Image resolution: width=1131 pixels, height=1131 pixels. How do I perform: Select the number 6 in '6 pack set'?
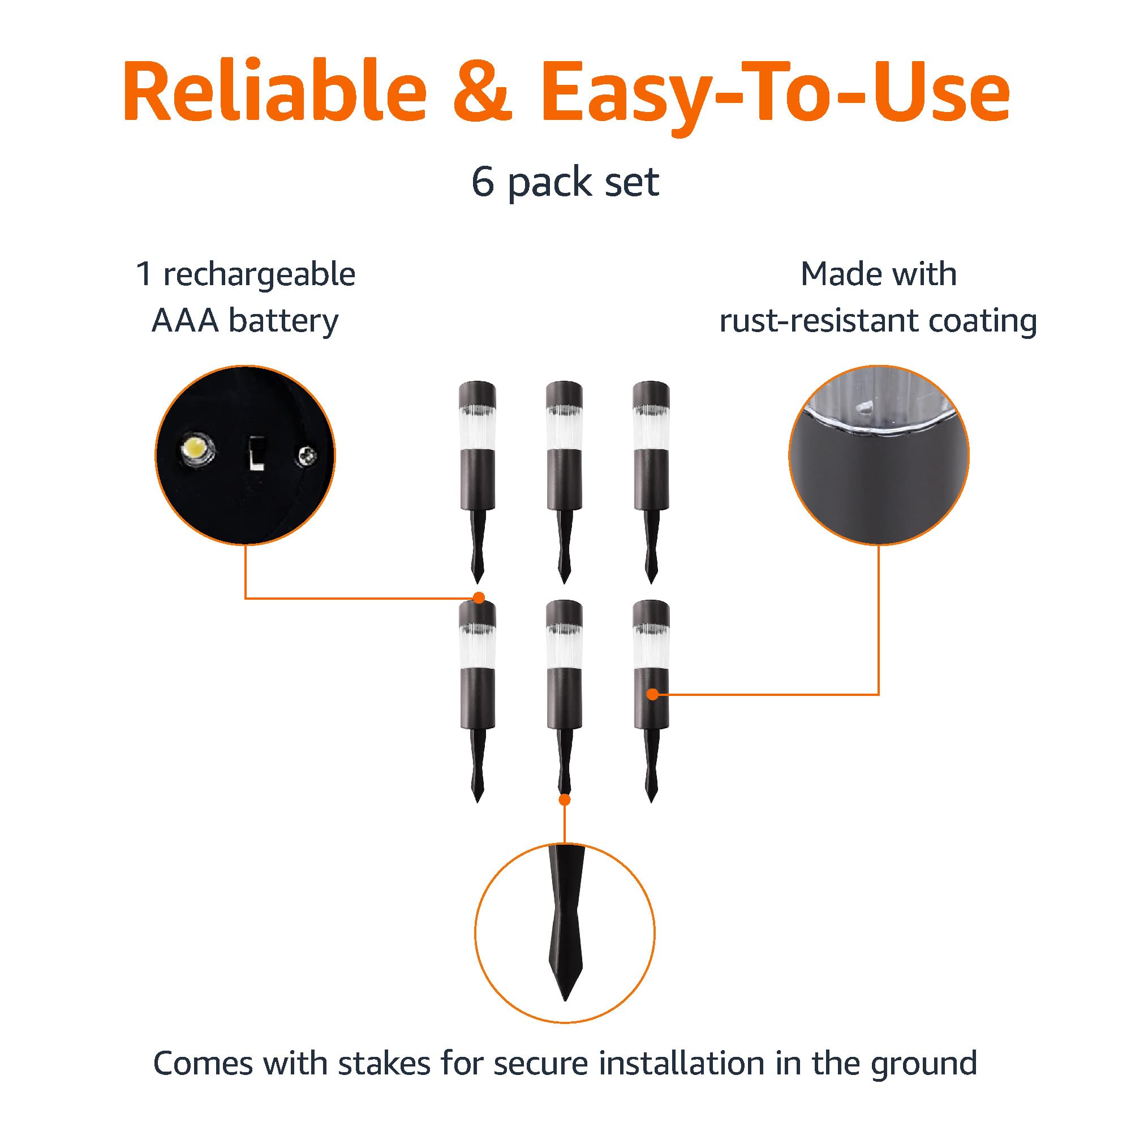coord(483,183)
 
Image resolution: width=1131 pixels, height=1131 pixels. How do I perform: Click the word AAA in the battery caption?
coord(184,321)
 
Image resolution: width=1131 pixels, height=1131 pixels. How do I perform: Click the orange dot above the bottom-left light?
coord(479,597)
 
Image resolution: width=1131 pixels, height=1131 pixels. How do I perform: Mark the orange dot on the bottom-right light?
coord(652,694)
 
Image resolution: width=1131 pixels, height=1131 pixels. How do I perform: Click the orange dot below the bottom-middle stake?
coord(564,799)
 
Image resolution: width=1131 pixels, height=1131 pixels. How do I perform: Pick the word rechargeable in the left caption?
coord(258,275)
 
